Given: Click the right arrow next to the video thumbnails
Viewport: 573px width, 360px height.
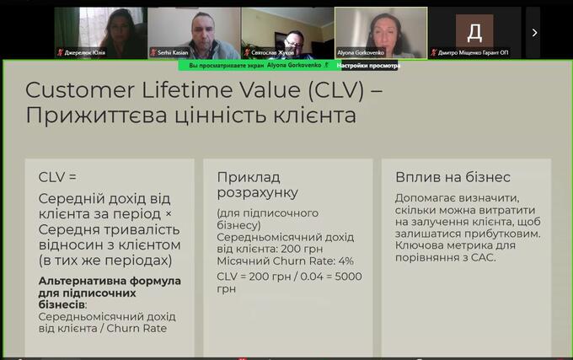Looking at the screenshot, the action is pyautogui.click(x=534, y=33).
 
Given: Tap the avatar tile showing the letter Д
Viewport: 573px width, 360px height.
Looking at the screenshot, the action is pyautogui.click(x=474, y=31).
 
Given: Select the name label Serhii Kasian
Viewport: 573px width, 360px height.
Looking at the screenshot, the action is pyautogui.click(x=173, y=52).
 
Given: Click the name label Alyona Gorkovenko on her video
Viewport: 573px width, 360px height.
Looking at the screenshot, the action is pyautogui.click(x=361, y=52).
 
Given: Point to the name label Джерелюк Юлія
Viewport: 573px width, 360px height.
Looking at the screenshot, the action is pyautogui.click(x=85, y=52).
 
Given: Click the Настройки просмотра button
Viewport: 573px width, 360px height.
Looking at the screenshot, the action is pyautogui.click(x=368, y=66).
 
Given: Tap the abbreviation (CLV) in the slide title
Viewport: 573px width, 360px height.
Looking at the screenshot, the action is pyautogui.click(x=336, y=90).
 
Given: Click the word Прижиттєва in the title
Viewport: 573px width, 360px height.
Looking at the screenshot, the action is pyautogui.click(x=96, y=116).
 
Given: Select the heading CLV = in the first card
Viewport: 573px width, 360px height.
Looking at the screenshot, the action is pyautogui.click(x=57, y=177).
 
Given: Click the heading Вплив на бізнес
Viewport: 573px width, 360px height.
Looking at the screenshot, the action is pyautogui.click(x=453, y=177).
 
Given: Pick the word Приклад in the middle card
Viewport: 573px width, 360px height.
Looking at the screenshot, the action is pyautogui.click(x=249, y=177).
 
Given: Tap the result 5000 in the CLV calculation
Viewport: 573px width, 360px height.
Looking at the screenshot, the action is pyautogui.click(x=348, y=277).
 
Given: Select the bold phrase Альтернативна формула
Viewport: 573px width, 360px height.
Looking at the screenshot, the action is pyautogui.click(x=110, y=281).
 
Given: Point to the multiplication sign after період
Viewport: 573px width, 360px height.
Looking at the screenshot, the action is pyautogui.click(x=169, y=214).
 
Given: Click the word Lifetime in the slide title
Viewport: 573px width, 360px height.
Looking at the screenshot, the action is pyautogui.click(x=187, y=90).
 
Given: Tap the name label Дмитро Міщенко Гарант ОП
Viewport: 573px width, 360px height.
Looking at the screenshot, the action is pyautogui.click(x=473, y=52).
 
